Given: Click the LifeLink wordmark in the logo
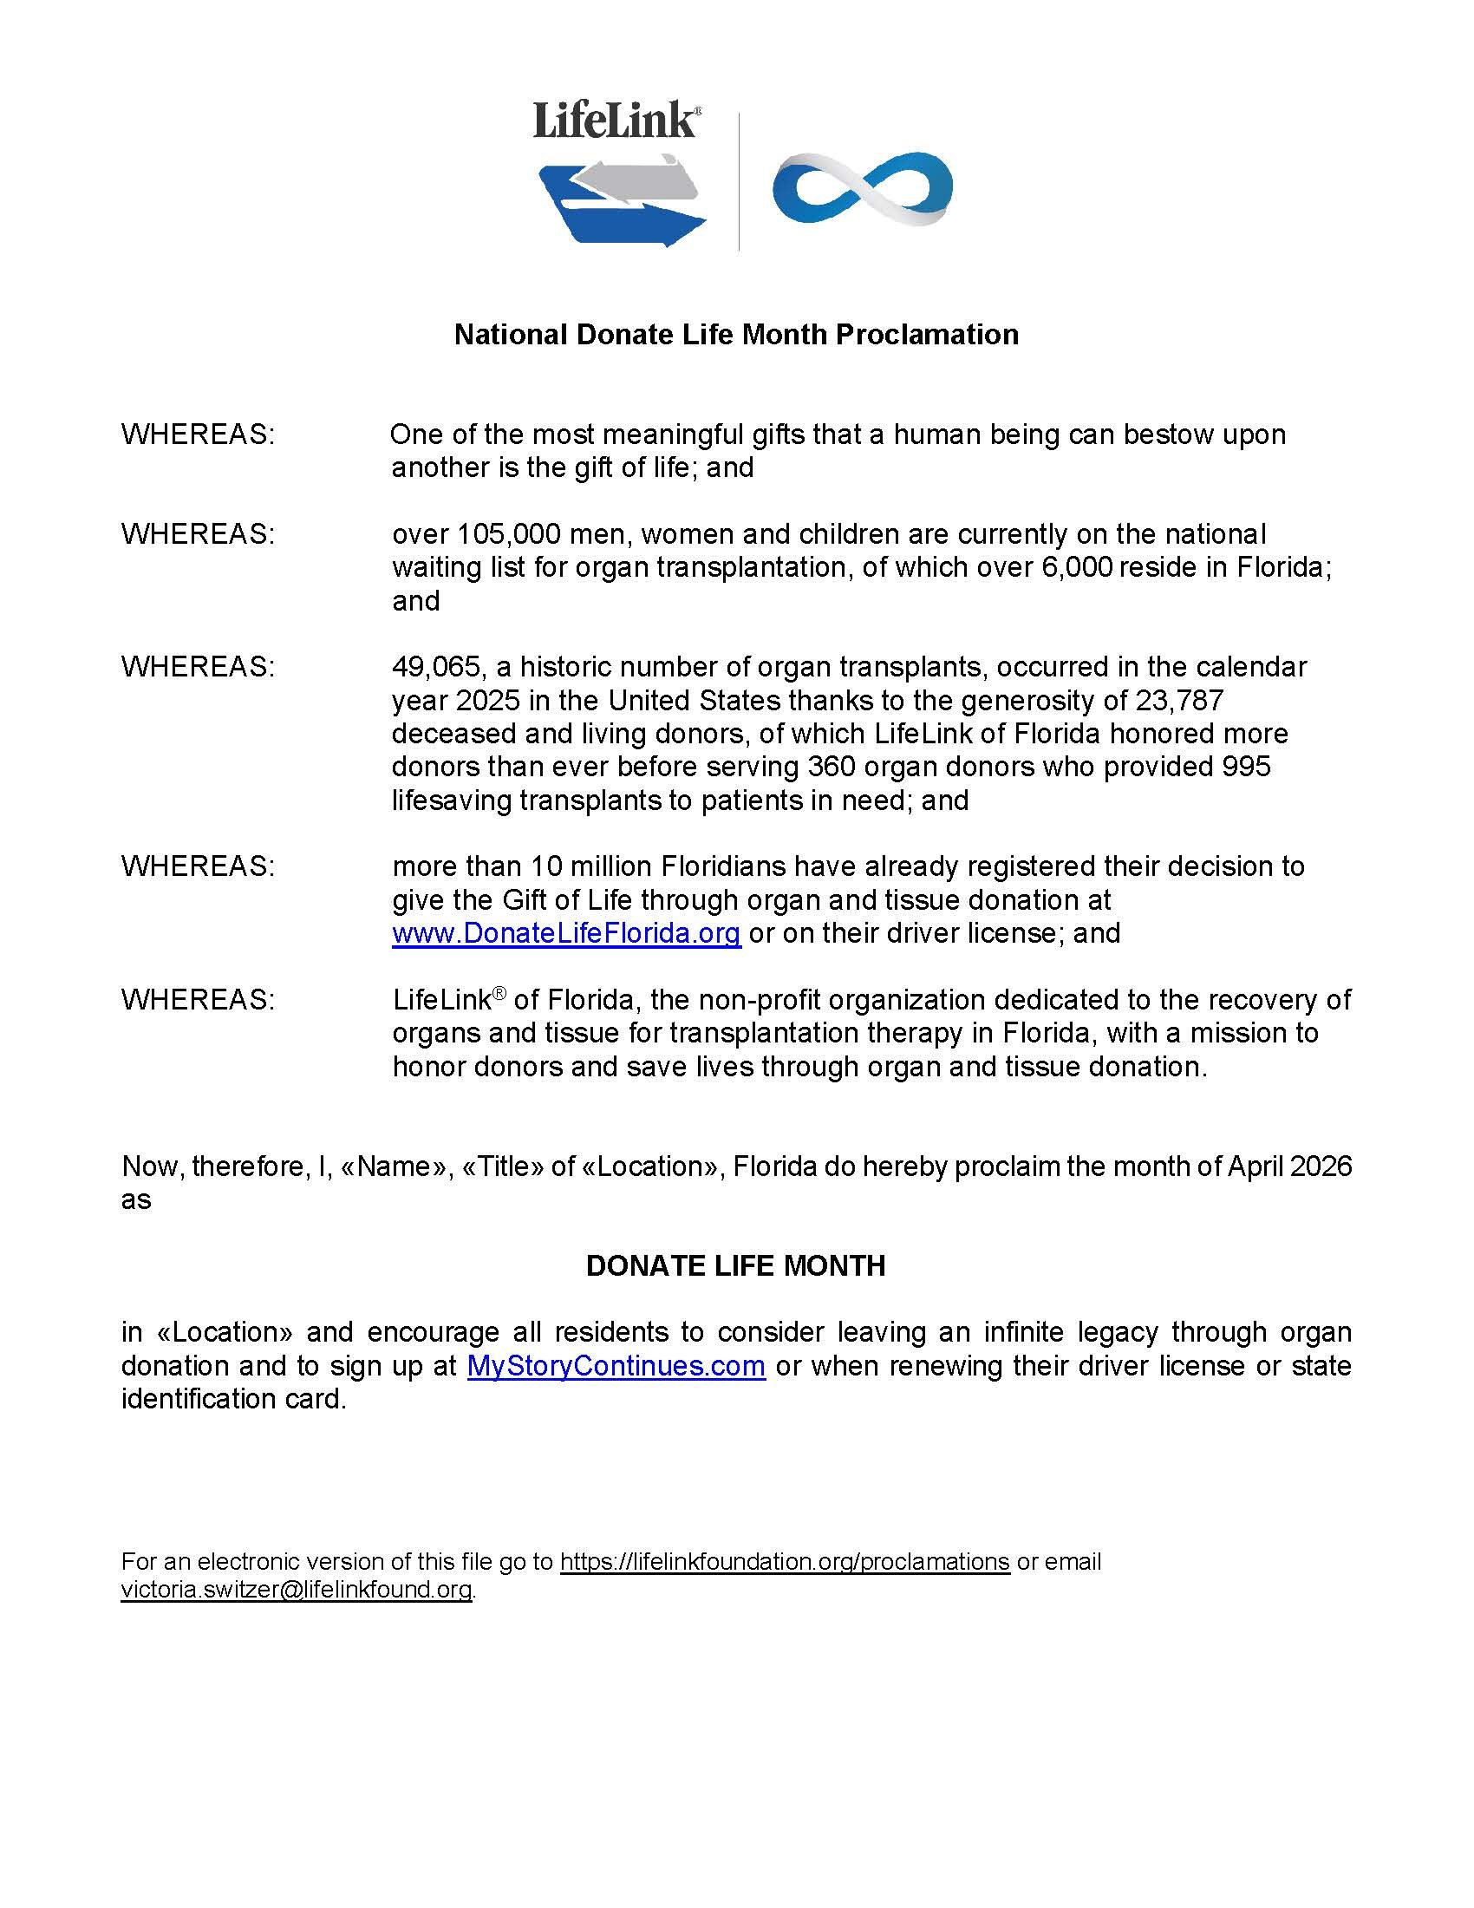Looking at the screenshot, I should tap(616, 121).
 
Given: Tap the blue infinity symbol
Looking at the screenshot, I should tap(862, 189).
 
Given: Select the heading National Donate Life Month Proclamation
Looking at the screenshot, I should tap(736, 335).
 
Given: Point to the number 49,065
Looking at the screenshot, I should tap(437, 667).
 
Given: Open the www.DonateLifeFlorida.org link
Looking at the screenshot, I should tap(567, 933).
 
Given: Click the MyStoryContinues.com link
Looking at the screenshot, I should tap(616, 1365).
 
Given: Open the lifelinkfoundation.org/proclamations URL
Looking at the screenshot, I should tap(784, 1561).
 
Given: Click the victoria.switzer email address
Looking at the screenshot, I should tap(297, 1589).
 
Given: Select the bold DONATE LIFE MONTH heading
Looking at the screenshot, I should tap(735, 1266).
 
